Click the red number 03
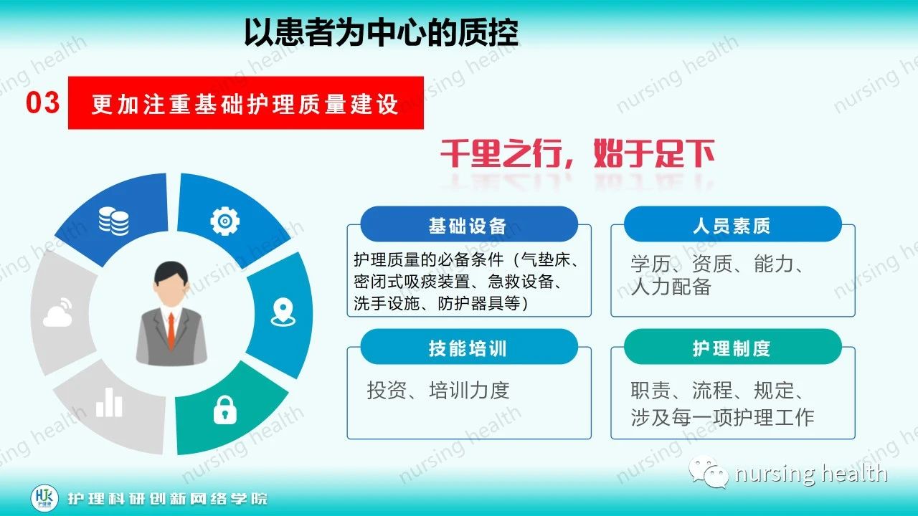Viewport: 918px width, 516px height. pyautogui.click(x=42, y=102)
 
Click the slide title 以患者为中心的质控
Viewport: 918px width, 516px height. pyautogui.click(x=381, y=32)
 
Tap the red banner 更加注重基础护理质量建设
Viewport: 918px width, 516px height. pyautogui.click(x=245, y=105)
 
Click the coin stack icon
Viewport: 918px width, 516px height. pyautogui.click(x=114, y=221)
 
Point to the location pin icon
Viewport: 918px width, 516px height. pyautogui.click(x=283, y=312)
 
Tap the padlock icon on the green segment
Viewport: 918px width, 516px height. pyautogui.click(x=224, y=410)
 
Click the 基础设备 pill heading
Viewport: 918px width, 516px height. pyautogui.click(x=468, y=226)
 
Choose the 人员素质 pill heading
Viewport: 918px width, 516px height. pyautogui.click(x=732, y=226)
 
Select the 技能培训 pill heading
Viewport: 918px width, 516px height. pyautogui.click(x=468, y=348)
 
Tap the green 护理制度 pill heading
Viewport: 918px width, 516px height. pyautogui.click(x=732, y=348)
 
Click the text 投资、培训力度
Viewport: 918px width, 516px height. pyautogui.click(x=438, y=390)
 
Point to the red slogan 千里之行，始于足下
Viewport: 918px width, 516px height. pyautogui.click(x=577, y=153)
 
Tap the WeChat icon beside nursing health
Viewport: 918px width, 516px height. pyautogui.click(x=707, y=473)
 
